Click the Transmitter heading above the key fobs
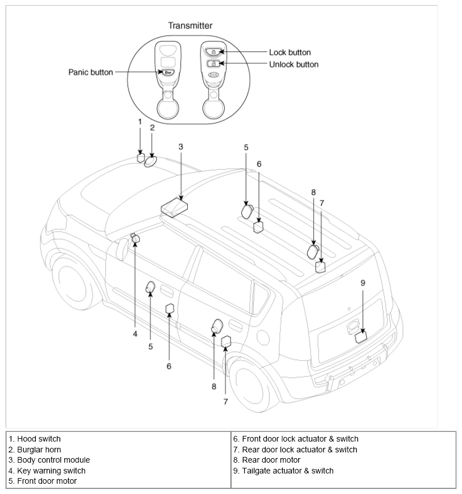click(x=190, y=26)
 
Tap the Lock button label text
click(x=290, y=52)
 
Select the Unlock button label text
click(x=294, y=64)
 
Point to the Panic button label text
click(x=90, y=72)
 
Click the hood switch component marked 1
click(x=141, y=158)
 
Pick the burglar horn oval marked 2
click(x=150, y=162)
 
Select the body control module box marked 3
click(x=174, y=207)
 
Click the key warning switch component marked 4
click(x=135, y=238)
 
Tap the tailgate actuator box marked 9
click(x=361, y=337)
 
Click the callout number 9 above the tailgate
click(x=363, y=283)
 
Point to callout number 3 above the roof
click(x=180, y=147)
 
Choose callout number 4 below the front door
click(x=135, y=334)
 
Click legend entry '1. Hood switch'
click(x=35, y=439)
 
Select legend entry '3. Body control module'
click(x=49, y=460)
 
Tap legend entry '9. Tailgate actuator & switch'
click(x=283, y=471)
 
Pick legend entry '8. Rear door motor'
click(x=267, y=460)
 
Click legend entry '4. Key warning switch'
click(x=47, y=471)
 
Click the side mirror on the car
click(x=123, y=249)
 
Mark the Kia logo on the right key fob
click(x=213, y=75)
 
